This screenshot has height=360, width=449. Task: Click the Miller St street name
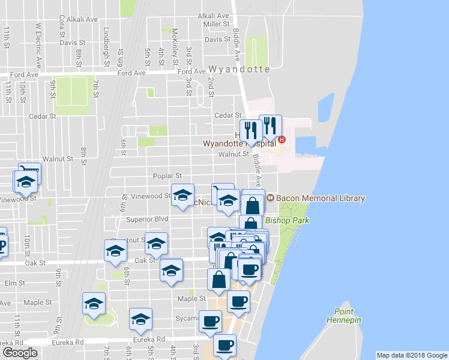coord(217,24)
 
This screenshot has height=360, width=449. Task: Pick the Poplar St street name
coord(167,176)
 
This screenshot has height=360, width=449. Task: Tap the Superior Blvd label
coord(147,220)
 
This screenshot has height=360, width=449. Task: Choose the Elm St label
coord(14,283)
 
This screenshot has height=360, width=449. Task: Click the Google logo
coord(20,352)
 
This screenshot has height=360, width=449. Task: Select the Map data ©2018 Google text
coord(411,355)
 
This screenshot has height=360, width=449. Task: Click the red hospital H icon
coord(282,141)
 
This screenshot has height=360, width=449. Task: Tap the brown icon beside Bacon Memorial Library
coord(271,197)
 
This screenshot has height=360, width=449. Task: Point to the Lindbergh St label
coord(107,39)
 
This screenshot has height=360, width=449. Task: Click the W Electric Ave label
coord(38,45)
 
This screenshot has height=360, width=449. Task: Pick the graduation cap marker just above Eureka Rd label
coord(140,320)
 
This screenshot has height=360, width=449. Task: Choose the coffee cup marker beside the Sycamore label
coord(210,322)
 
